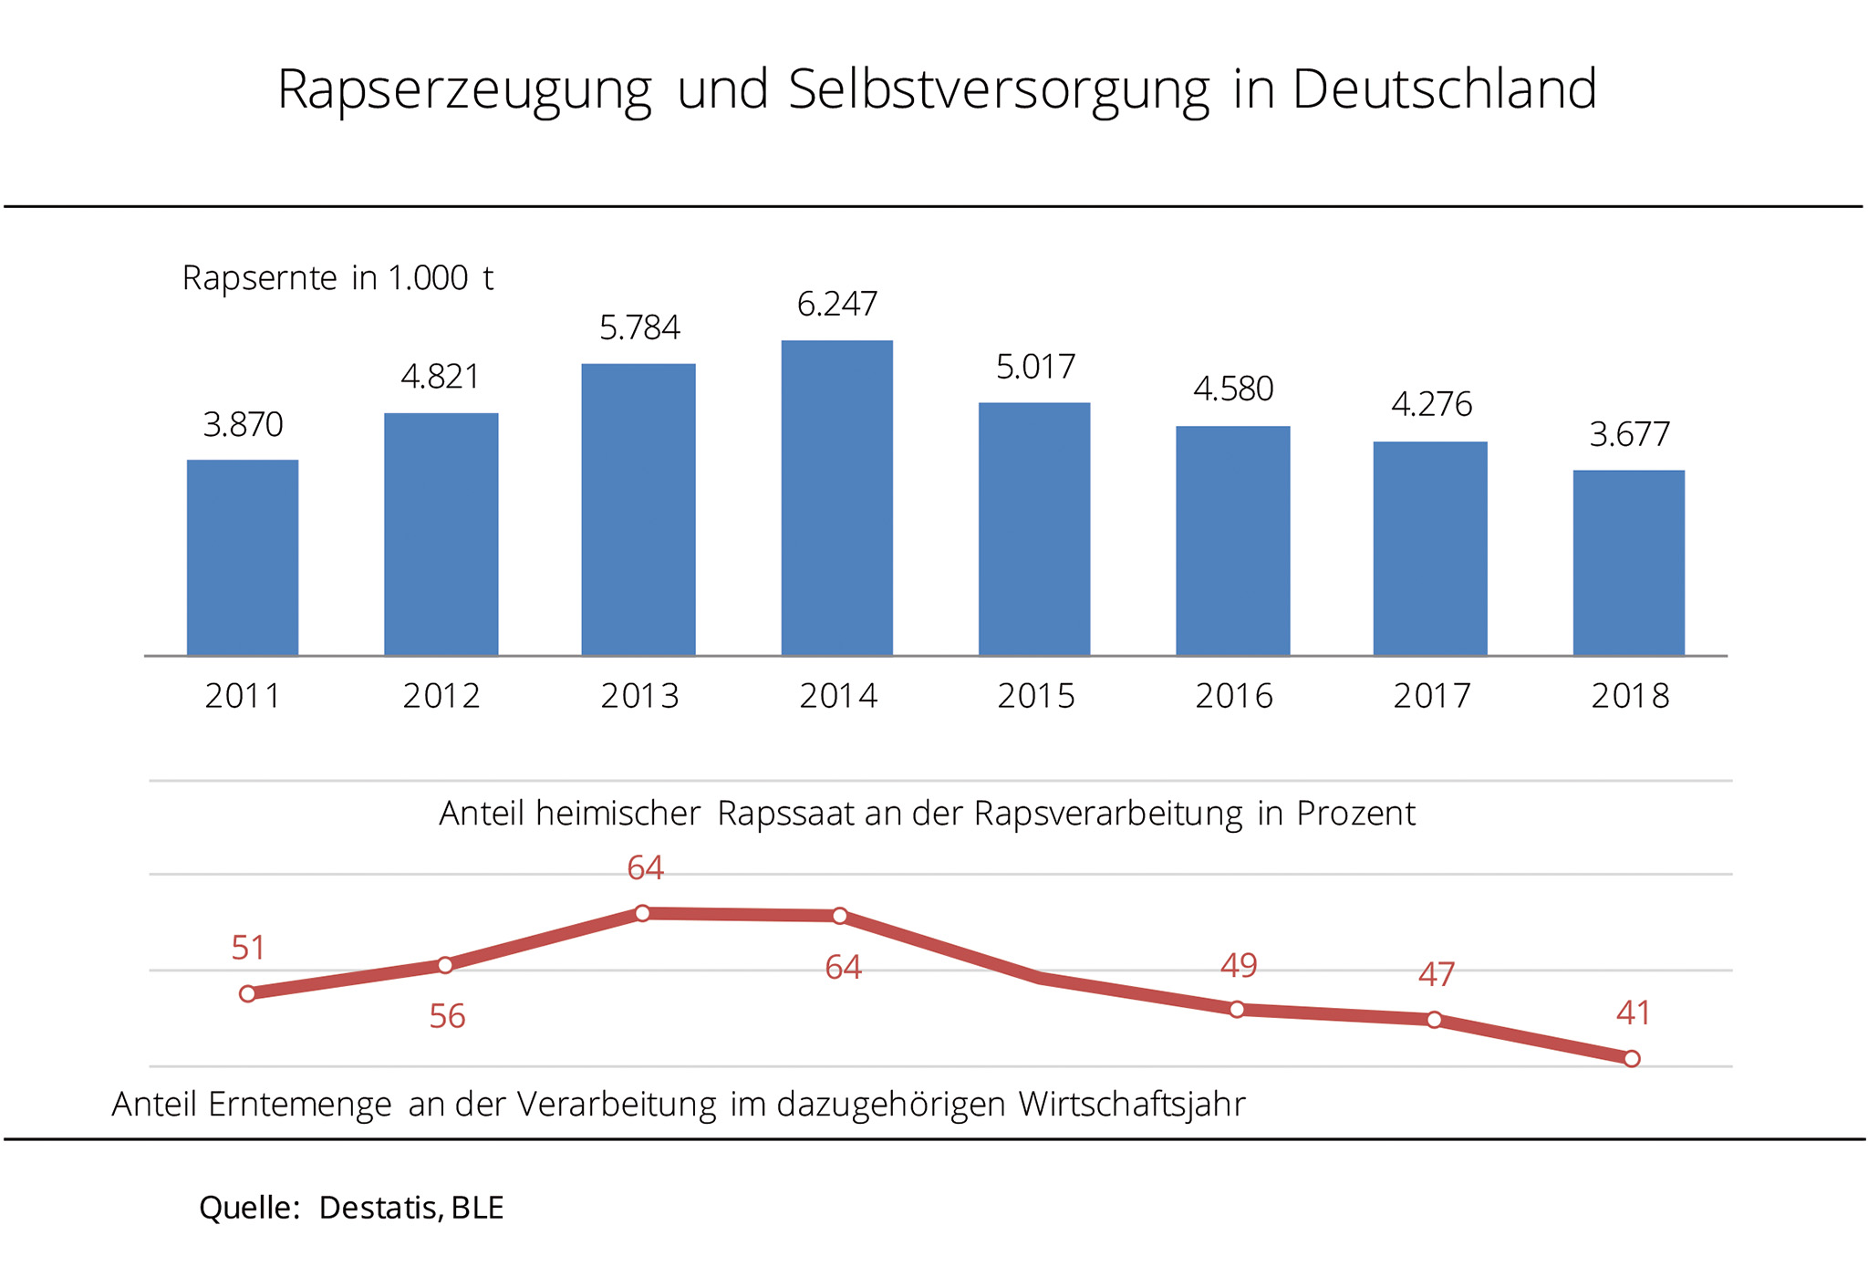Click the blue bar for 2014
pos(837,498)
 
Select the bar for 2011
pos(243,557)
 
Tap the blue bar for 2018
pos(1629,563)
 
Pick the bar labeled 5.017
pos(1034,529)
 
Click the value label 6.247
pos(837,304)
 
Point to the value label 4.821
pos(441,377)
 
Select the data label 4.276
pos(1431,404)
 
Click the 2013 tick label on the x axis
pos(639,696)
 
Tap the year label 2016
pos(1233,696)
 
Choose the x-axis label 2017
pos(1431,696)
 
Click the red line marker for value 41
pos(1632,1058)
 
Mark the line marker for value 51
pos(247,993)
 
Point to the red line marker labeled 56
pos(445,965)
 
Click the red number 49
pos(1239,965)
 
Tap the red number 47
pos(1436,975)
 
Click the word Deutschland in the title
pos(1444,89)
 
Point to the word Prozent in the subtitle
pos(1356,814)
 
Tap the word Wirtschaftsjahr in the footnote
pos(1132,1105)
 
